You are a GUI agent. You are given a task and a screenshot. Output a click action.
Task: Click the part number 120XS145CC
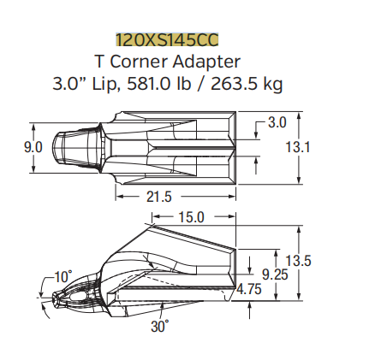click(168, 39)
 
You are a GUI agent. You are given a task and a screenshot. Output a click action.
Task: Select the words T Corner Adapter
click(168, 62)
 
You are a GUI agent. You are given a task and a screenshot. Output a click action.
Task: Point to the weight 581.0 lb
click(189, 84)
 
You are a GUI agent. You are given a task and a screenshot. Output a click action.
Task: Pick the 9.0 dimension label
click(33, 147)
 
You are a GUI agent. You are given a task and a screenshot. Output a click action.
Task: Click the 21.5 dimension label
click(158, 198)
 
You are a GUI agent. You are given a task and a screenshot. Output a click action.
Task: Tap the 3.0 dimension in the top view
click(277, 123)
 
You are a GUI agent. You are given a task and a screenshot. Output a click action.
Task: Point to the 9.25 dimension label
click(274, 274)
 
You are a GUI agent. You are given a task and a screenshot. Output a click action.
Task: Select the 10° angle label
click(63, 276)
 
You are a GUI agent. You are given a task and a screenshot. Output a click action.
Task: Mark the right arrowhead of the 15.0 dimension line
click(234, 217)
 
